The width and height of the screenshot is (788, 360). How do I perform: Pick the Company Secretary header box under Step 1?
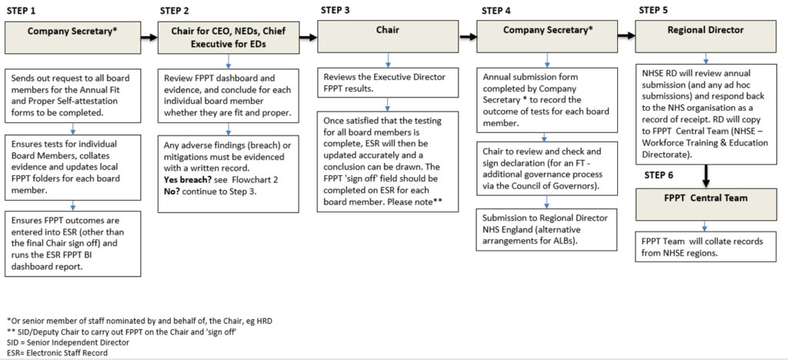(x=73, y=35)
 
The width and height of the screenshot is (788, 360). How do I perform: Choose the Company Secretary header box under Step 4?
(x=547, y=35)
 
